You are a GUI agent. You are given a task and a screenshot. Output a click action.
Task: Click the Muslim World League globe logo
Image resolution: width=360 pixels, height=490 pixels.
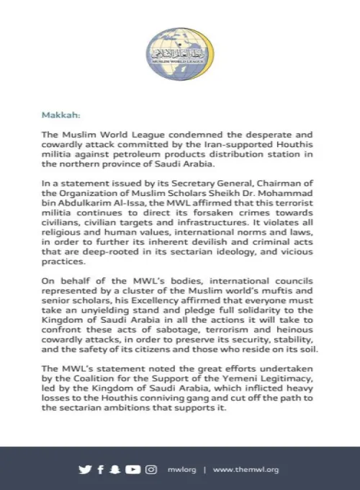[x=179, y=44]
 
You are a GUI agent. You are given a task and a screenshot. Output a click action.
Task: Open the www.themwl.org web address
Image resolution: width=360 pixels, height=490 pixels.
[x=246, y=469]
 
